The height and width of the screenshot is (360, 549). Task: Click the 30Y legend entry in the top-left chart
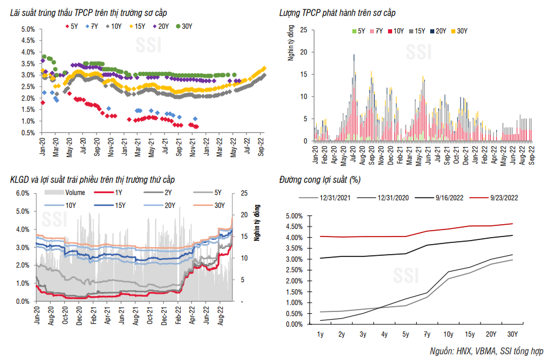tap(187, 26)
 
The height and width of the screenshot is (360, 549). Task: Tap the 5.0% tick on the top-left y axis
tap(28, 29)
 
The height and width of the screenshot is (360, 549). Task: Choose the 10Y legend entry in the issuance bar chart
tap(398, 31)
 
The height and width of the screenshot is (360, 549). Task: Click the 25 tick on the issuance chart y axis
tap(304, 29)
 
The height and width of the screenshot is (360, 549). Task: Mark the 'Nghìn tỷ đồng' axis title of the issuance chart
tap(291, 46)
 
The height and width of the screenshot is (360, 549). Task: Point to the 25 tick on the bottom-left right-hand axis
tap(244, 193)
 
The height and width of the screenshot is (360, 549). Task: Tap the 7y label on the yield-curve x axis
tap(427, 334)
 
